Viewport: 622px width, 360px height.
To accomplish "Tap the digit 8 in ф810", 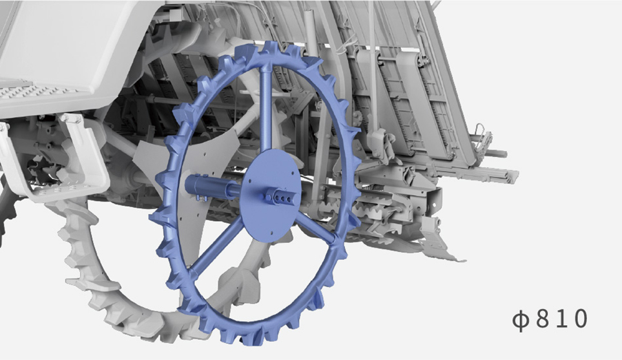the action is point(543,319).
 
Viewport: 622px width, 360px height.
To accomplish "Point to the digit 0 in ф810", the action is point(580,319).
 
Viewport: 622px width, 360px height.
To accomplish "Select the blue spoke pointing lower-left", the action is point(216,247).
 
